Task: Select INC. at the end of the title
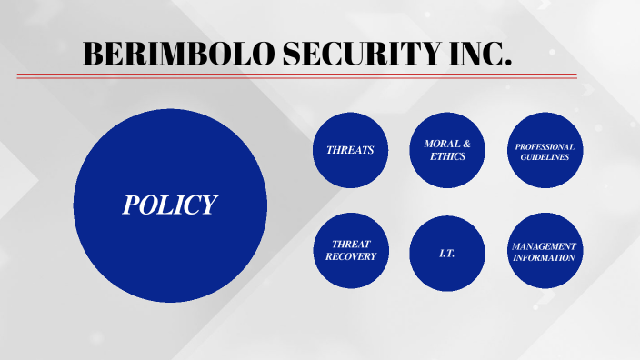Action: coord(478,54)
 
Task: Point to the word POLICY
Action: coord(170,205)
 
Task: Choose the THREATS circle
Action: coord(350,150)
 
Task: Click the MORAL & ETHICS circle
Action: coord(447,150)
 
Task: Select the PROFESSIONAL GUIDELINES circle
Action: coord(545,150)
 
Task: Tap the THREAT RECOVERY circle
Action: coord(350,251)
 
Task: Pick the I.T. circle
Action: coord(447,252)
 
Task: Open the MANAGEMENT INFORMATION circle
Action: coord(545,251)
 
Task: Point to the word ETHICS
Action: coord(447,156)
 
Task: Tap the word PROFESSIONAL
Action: coord(545,146)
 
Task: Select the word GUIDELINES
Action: coord(545,157)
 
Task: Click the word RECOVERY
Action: coord(350,257)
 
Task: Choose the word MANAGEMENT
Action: coord(545,246)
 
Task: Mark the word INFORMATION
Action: coord(545,257)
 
